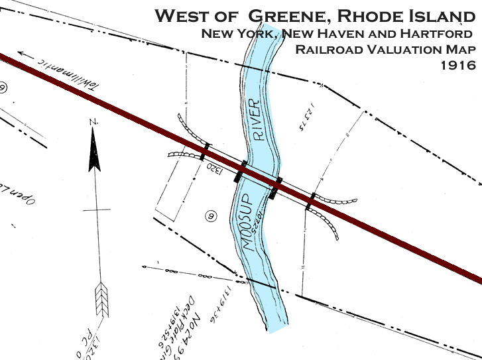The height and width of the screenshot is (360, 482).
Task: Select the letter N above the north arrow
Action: click(x=94, y=122)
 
